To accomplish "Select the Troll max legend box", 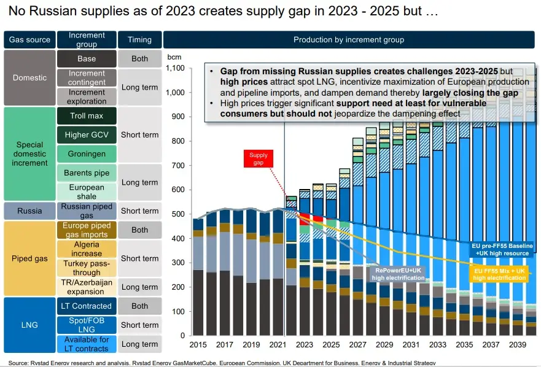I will click(87, 116).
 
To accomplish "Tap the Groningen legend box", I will click(87, 154).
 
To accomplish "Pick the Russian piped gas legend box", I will click(87, 211).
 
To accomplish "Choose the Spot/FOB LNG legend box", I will click(87, 325).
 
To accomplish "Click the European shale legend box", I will click(87, 191).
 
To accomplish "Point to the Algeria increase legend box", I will click(87, 249).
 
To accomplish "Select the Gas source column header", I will click(29, 40).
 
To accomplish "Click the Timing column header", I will click(139, 40).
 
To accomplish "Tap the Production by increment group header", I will click(349, 40).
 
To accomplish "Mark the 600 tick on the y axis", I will click(177, 190).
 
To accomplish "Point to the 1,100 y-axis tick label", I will click(175, 69).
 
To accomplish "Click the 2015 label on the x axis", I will click(198, 346).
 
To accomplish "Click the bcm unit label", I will click(174, 56).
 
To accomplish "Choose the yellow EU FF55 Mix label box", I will click(499, 274).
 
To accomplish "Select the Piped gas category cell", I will click(29, 258).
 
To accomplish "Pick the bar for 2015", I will click(198, 276).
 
